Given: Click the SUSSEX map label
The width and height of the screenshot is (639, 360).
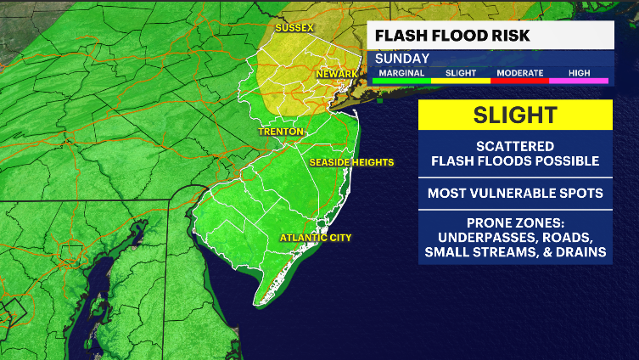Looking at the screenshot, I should [x=294, y=28].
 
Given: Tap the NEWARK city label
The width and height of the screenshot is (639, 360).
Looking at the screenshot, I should [x=336, y=75].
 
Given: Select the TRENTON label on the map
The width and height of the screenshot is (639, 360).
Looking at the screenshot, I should [x=282, y=132].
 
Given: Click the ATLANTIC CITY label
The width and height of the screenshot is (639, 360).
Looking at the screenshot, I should [x=316, y=237].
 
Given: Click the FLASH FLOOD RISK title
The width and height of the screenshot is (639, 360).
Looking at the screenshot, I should [x=452, y=35].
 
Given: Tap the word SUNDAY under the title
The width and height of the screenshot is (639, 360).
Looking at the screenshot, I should [x=402, y=59].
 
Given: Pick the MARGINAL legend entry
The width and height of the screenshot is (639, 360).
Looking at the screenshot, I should [x=401, y=73].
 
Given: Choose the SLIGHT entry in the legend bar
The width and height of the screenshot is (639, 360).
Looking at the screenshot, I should [x=461, y=73].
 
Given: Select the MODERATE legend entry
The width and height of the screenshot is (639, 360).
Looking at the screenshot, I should [x=519, y=73].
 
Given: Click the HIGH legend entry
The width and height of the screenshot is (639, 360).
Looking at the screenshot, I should [x=579, y=73].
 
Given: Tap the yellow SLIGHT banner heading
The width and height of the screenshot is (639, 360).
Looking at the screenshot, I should [x=514, y=115].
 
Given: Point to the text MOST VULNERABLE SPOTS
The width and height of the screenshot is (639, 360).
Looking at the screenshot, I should [x=514, y=193].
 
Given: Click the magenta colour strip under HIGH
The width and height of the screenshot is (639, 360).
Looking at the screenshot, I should [x=579, y=81].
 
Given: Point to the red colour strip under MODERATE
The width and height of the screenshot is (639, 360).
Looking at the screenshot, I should [x=519, y=81].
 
